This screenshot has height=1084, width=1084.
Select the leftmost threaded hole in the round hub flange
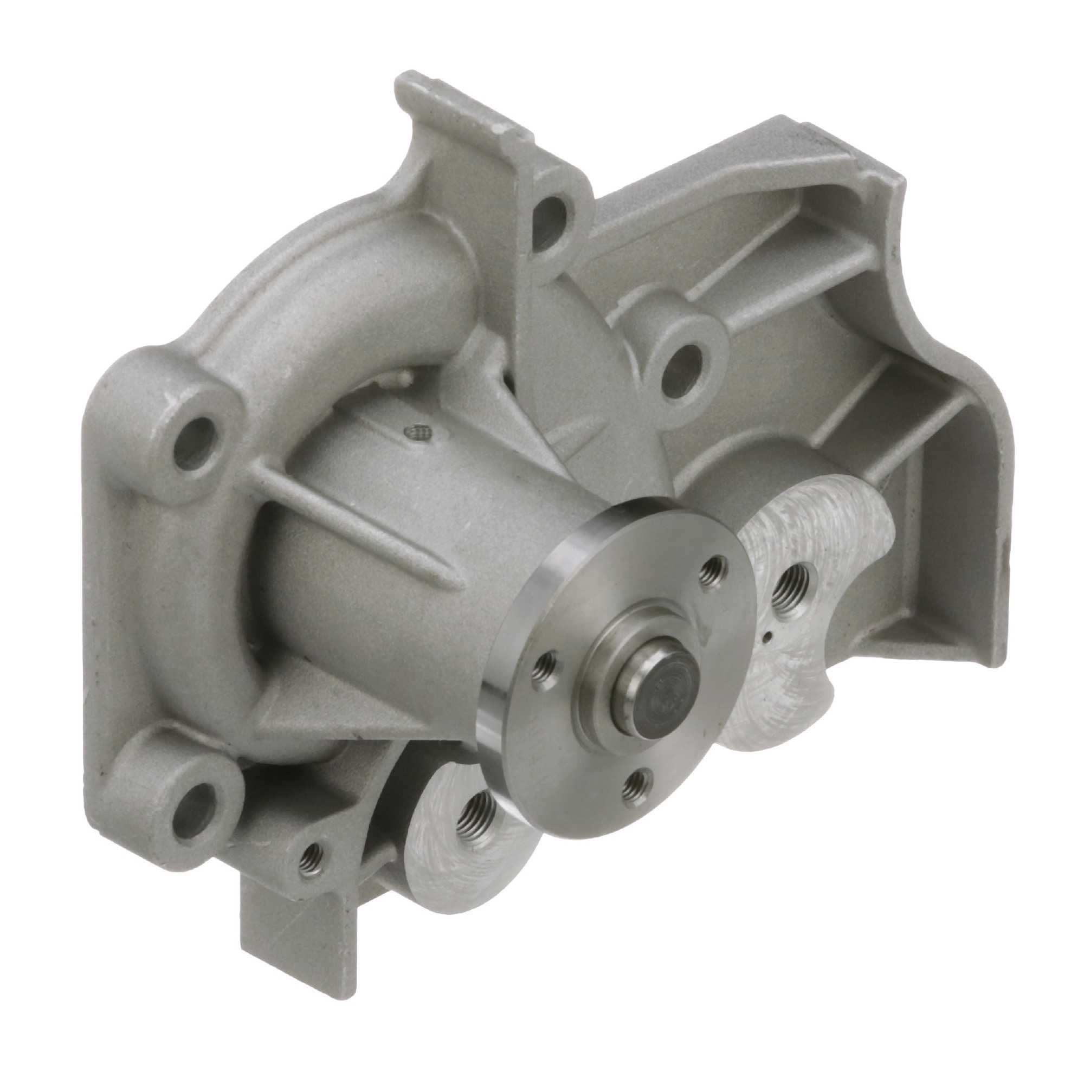point(543,666)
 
